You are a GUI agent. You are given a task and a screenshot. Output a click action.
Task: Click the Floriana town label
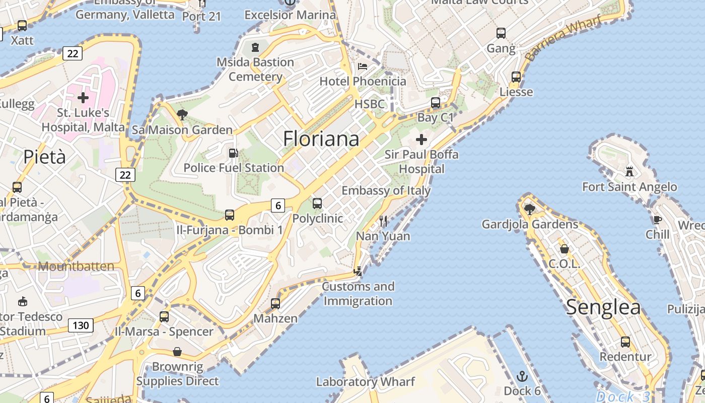click(321, 139)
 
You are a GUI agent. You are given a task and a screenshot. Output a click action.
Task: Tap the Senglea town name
click(603, 307)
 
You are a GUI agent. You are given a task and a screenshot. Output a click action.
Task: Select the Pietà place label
click(44, 157)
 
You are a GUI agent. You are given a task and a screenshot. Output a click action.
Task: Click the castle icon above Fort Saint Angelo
click(629, 171)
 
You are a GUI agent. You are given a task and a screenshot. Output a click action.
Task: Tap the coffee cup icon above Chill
click(657, 219)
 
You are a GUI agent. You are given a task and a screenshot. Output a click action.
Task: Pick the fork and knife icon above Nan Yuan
click(383, 221)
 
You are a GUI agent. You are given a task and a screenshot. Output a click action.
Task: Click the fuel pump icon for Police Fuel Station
click(233, 153)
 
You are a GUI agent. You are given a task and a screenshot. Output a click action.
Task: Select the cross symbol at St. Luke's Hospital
click(83, 97)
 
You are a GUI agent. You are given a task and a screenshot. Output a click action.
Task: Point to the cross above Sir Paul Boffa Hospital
click(421, 140)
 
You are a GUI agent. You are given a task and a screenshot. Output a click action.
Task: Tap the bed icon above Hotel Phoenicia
click(363, 66)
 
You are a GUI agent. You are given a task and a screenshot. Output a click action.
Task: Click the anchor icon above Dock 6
click(522, 376)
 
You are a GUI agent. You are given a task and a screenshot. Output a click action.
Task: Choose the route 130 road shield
click(81, 325)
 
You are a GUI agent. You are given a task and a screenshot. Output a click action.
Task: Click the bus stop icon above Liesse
click(516, 77)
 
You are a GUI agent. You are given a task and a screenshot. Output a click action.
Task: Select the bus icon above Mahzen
click(275, 304)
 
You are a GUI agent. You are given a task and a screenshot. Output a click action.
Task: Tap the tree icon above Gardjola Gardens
click(529, 209)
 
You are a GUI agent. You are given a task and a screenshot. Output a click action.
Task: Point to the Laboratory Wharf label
click(366, 381)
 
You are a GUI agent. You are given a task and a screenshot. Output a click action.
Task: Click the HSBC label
click(370, 104)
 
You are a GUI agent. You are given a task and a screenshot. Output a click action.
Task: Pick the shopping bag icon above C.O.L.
click(565, 249)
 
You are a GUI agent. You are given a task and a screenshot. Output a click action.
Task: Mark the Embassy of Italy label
click(386, 190)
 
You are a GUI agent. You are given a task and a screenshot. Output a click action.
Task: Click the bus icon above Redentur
click(625, 342)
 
